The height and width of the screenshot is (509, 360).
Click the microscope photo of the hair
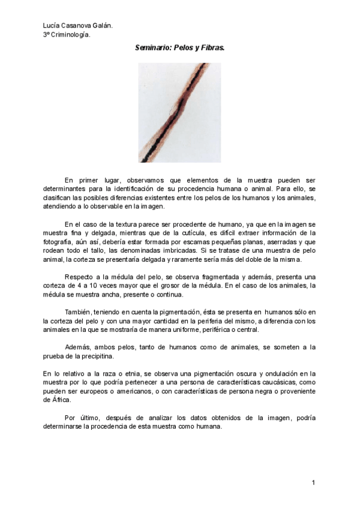179,113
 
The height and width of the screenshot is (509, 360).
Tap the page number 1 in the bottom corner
313,482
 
